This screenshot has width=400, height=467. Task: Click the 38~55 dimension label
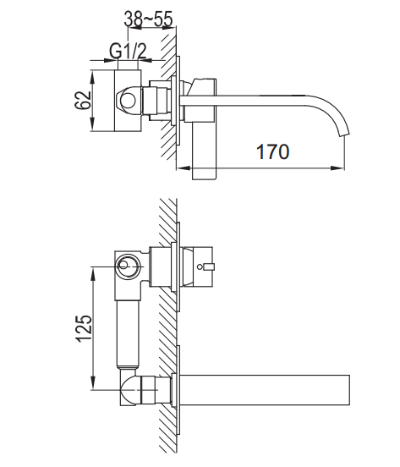tap(148, 19)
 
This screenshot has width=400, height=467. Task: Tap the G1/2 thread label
tap(129, 51)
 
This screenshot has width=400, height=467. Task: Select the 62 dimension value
tap(83, 101)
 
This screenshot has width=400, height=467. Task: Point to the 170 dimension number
tap(272, 151)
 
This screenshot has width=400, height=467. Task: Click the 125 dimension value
tap(83, 328)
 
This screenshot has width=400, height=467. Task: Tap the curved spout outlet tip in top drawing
tap(345, 135)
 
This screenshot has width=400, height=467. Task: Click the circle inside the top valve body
tap(129, 100)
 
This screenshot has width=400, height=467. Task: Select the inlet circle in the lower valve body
tap(128, 265)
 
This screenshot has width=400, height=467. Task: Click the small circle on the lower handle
tap(200, 266)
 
